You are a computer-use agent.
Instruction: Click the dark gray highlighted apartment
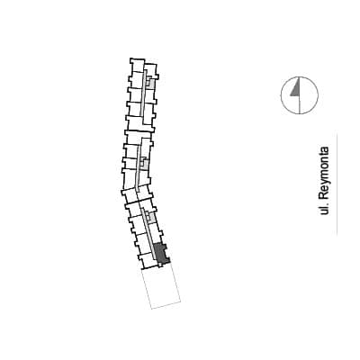[x=161, y=254]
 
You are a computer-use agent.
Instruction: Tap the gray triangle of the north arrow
[x=296, y=88]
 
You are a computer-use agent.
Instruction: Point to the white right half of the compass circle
[x=309, y=95]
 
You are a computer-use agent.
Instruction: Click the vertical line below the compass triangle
[x=300, y=105]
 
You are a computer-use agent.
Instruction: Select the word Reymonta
[x=324, y=173]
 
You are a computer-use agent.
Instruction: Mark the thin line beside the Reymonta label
[x=337, y=184]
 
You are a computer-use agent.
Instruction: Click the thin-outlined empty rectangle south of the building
[x=161, y=287]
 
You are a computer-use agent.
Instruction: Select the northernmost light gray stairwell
[x=150, y=82]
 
